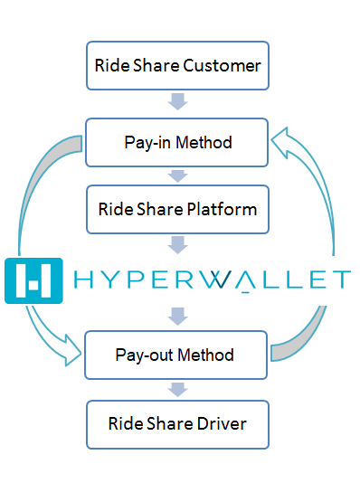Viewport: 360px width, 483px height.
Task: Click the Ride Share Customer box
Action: click(x=177, y=65)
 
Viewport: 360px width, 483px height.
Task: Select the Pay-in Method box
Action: click(x=177, y=142)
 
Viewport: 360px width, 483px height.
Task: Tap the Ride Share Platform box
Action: click(x=177, y=209)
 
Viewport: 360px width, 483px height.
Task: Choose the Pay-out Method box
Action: click(x=177, y=355)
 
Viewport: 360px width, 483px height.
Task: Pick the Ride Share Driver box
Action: click(x=177, y=423)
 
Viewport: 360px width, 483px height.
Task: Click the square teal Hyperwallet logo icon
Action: click(x=33, y=279)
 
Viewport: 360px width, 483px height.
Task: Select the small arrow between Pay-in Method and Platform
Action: click(x=177, y=175)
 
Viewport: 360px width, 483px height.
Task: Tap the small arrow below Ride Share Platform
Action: click(x=177, y=243)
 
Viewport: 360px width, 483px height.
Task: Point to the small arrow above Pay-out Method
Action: click(x=177, y=317)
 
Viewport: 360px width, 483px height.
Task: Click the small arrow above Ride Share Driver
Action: click(x=177, y=390)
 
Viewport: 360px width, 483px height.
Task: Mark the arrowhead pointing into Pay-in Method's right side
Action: click(x=283, y=141)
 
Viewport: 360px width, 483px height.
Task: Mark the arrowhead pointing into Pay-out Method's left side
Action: click(x=71, y=355)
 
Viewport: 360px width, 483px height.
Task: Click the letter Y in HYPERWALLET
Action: click(x=118, y=279)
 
